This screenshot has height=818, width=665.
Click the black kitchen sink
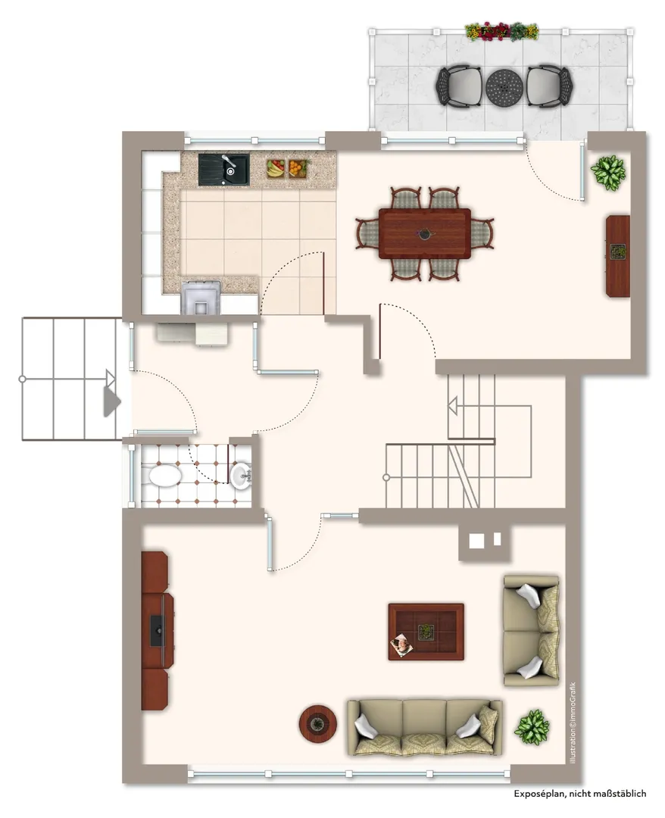click(x=223, y=169)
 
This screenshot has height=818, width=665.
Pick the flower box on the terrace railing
click(x=501, y=31)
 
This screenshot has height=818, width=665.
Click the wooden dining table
click(x=425, y=233)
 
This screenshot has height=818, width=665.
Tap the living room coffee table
click(x=426, y=632)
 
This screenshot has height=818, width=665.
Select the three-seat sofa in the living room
click(x=425, y=728)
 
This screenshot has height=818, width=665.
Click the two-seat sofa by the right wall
click(x=531, y=631)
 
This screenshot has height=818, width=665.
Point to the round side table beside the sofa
click(x=317, y=723)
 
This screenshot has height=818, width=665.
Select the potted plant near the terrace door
click(x=608, y=172)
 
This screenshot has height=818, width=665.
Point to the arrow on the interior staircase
click(x=452, y=404)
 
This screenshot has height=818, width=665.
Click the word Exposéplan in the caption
click(x=539, y=794)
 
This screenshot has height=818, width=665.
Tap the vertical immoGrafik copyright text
click(x=573, y=723)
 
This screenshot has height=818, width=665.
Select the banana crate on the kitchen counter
click(x=276, y=168)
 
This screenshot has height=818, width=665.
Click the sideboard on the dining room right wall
click(x=618, y=257)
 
